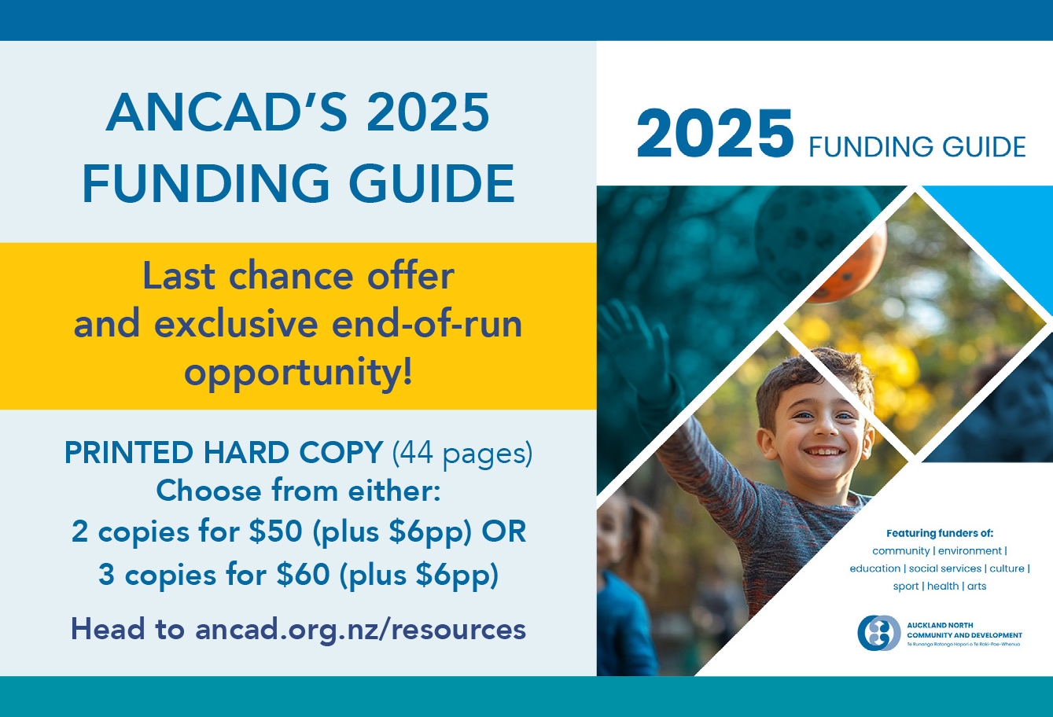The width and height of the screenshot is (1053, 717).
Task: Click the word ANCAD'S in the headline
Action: tap(226, 112)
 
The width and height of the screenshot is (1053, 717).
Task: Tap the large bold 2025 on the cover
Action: tap(715, 134)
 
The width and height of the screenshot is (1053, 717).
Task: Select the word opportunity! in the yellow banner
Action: tap(299, 372)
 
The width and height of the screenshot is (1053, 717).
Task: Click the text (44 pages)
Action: tap(462, 453)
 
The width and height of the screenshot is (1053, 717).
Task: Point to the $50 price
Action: tap(275, 531)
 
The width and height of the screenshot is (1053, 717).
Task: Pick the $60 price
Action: tap(303, 574)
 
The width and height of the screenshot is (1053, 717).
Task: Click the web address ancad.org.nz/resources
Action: tap(360, 629)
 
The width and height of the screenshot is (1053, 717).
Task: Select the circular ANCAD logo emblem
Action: tap(878, 633)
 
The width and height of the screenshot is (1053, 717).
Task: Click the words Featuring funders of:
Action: tap(940, 533)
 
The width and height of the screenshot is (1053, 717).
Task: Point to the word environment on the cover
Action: tap(970, 550)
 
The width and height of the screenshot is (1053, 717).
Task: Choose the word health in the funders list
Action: tap(943, 586)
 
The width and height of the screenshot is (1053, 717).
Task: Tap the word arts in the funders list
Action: tap(977, 586)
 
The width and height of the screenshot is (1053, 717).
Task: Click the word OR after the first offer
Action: tap(503, 531)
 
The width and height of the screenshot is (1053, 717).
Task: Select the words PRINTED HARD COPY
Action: tap(224, 453)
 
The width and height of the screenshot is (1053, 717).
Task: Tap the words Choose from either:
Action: tap(299, 491)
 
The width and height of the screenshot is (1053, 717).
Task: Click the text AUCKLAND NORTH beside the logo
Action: tap(940, 625)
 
